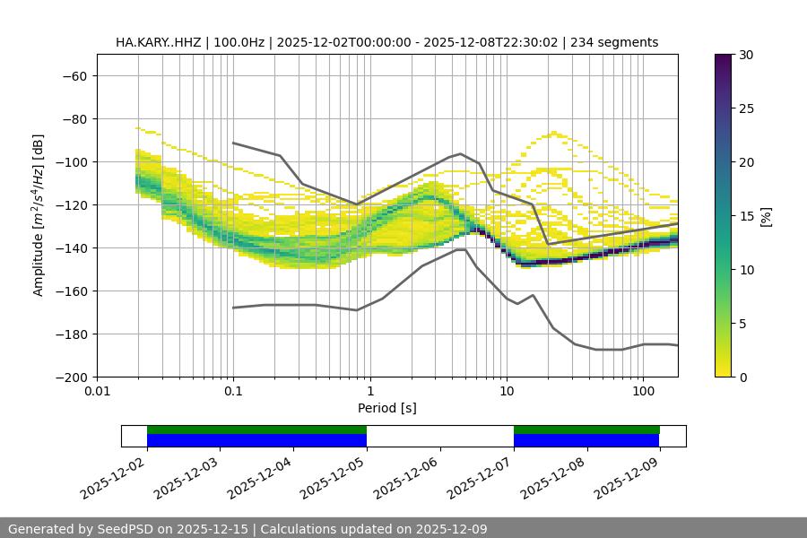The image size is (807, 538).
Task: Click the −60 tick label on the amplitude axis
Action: [x=74, y=76]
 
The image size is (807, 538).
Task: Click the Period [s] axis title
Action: [x=386, y=408]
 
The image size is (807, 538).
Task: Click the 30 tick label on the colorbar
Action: [x=744, y=55]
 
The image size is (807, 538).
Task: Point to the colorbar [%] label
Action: [x=765, y=216]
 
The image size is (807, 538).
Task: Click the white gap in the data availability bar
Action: [x=439, y=436]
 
